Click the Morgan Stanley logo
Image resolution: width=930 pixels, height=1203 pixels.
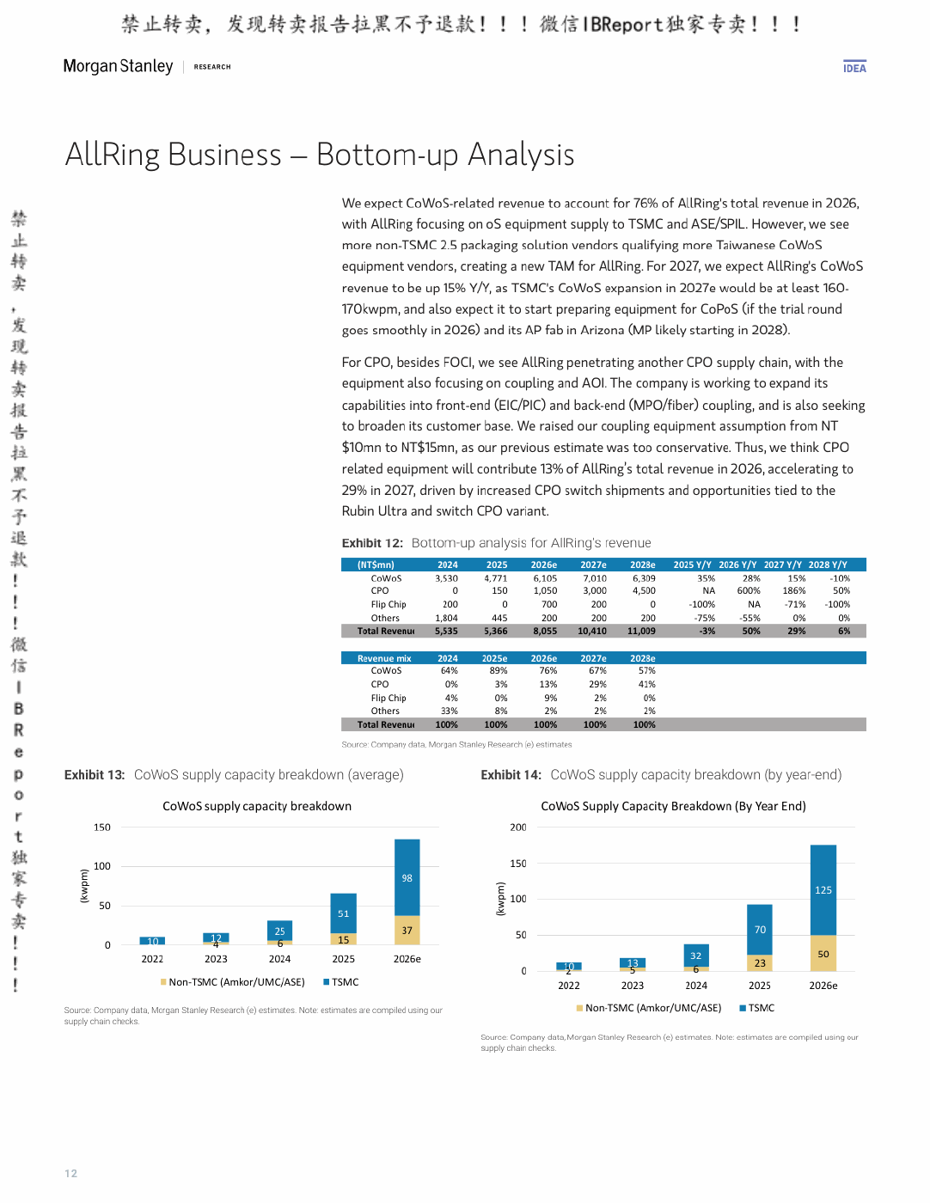coord(118,66)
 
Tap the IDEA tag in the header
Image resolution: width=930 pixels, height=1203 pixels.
coord(854,68)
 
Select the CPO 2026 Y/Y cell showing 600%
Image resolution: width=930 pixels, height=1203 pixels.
coord(749,590)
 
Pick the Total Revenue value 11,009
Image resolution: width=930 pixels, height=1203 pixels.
coord(641,631)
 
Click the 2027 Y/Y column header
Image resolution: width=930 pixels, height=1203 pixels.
coord(782,565)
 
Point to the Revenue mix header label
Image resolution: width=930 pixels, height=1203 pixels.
coord(384,658)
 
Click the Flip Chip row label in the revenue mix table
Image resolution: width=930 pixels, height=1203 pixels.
coord(388,698)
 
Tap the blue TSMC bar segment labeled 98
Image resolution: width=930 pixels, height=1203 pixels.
coord(407,877)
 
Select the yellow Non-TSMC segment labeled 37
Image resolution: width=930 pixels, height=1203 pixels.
coord(407,930)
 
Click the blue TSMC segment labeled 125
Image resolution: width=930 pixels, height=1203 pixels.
coord(823,890)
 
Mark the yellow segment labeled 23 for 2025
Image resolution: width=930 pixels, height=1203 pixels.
coord(760,962)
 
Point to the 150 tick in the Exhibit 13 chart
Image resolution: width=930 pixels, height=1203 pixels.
coord(102,827)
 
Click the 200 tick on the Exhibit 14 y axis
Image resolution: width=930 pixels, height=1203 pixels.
coord(518,827)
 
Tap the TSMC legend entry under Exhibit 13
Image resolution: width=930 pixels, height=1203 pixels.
coord(341,982)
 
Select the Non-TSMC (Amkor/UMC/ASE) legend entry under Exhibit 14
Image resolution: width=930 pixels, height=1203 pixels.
coord(649,1008)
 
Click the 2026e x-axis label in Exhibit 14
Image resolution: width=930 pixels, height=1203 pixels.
coord(823,986)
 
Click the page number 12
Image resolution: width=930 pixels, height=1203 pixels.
coord(70,1174)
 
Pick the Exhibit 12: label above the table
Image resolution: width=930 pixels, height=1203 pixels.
coord(372,543)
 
